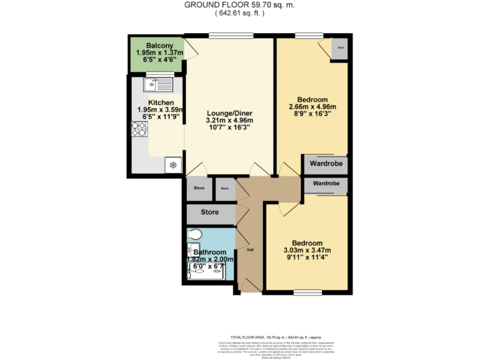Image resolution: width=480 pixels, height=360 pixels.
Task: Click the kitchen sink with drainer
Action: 156,84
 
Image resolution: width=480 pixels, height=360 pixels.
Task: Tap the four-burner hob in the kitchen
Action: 139,129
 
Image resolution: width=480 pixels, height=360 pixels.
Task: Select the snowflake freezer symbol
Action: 173,165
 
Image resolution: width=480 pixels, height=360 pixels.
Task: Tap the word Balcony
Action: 155,46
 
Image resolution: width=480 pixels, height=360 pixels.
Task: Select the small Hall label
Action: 250,250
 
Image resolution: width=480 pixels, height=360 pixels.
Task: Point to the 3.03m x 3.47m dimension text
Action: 306,251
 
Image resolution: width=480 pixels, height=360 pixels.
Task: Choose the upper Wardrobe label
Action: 325,164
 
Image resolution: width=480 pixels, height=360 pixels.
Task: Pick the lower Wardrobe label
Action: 326,184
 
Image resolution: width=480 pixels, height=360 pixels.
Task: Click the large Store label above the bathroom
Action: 210,212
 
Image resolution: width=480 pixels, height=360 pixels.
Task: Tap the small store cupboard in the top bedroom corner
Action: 341,48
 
